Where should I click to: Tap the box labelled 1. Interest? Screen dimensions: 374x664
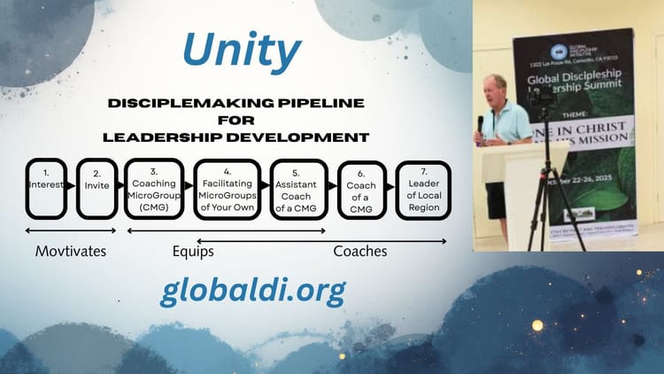46,188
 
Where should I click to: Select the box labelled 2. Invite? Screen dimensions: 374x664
97,188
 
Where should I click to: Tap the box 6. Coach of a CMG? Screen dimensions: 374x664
362,188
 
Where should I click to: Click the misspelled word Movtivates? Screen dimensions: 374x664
71,251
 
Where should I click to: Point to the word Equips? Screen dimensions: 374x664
193,251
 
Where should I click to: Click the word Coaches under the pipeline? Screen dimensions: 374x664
360,251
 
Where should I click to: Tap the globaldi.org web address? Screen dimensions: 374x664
252,290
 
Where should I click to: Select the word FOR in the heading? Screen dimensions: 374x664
236,121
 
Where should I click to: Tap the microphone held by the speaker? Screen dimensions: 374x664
481,124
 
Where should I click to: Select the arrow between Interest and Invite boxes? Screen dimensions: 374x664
72,188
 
